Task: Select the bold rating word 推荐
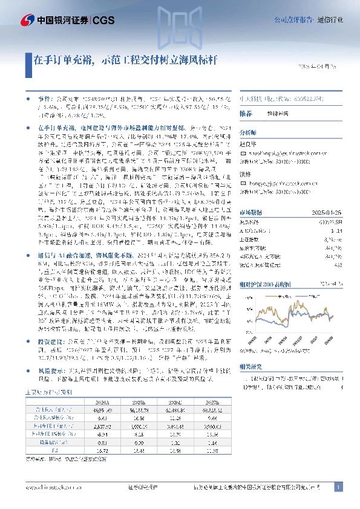tap(246, 114)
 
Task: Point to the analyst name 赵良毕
tap(249, 146)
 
